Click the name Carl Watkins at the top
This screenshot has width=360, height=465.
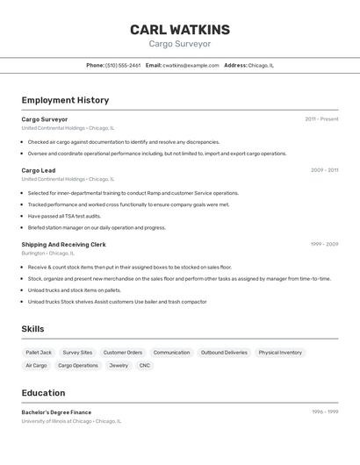point(180,30)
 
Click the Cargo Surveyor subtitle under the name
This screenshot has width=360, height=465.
point(180,44)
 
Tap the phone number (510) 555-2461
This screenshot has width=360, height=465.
point(123,65)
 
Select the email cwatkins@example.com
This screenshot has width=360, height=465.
point(191,65)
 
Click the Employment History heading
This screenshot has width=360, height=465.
point(65,100)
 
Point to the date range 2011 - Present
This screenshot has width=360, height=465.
point(321,119)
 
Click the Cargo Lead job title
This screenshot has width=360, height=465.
point(39,170)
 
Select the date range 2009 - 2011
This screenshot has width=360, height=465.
point(324,170)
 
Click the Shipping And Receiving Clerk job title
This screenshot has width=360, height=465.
point(63,245)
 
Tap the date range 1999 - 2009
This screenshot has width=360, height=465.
point(324,245)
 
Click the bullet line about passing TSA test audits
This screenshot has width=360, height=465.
point(64,216)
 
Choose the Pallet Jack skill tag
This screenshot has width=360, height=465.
point(39,353)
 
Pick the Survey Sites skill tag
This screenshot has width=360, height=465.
point(77,353)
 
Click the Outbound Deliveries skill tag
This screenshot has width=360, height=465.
point(224,353)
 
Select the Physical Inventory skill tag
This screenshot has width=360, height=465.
point(280,353)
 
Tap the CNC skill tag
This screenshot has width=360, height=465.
point(145,365)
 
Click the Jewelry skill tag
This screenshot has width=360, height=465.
point(119,365)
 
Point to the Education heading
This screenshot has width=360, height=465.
point(43,393)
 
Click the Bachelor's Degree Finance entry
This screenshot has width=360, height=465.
point(56,412)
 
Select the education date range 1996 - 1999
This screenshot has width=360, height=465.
point(324,412)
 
